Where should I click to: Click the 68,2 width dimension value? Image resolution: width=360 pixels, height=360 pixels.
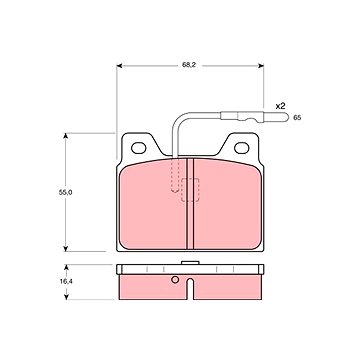pyautogui.click(x=188, y=65)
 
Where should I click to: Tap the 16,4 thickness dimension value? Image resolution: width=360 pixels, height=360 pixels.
pyautogui.click(x=66, y=281)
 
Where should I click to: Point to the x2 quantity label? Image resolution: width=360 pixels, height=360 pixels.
pyautogui.click(x=280, y=106)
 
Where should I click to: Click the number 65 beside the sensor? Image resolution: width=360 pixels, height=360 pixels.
pyautogui.click(x=297, y=118)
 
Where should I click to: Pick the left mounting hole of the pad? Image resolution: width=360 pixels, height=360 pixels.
pyautogui.click(x=138, y=148)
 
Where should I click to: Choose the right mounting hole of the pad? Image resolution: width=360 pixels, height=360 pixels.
pyautogui.click(x=242, y=148)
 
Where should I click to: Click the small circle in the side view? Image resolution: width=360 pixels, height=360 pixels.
pyautogui.click(x=175, y=280)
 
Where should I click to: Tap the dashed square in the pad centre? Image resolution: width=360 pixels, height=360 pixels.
pyautogui.click(x=190, y=190)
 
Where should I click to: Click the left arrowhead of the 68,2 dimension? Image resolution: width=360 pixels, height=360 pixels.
pyautogui.click(x=120, y=66)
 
